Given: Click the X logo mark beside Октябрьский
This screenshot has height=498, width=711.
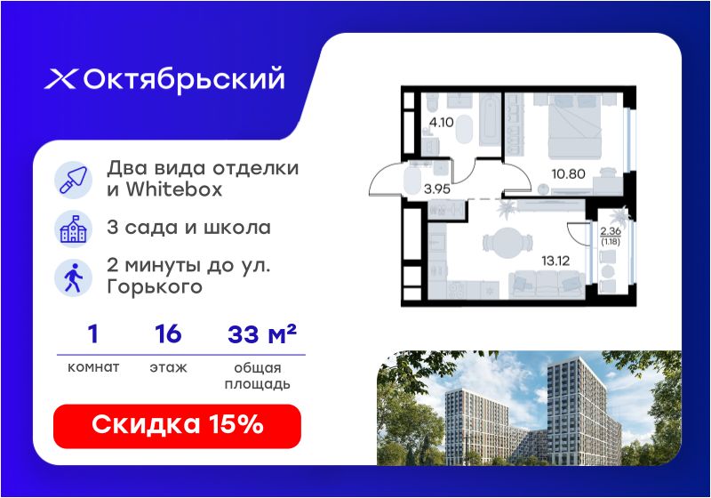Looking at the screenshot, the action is point(60,79).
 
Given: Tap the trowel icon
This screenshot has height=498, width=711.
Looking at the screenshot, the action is point(73,180).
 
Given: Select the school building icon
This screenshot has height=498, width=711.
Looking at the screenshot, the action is point(73,229).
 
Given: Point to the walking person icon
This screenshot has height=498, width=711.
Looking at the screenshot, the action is point(73,277).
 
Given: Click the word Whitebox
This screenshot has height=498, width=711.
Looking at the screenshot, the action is point(174,189).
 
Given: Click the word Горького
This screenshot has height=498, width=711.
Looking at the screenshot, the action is point(155,287).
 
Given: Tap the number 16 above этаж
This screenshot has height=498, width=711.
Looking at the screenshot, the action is point(168,333).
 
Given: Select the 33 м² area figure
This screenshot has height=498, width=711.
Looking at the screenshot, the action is point(261,333).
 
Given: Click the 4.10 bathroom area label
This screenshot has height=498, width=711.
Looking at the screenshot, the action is point(441,122).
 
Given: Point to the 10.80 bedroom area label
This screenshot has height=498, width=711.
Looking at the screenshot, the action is point(568,173).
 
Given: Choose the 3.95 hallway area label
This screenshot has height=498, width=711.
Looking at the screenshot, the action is point(437,189).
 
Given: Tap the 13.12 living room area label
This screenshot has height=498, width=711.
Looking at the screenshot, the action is point(555,261).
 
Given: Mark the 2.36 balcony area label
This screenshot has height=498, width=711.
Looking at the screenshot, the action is point(611,231).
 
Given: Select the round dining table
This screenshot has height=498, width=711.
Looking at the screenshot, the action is point(507,243).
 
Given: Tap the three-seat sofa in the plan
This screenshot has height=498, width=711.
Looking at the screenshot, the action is point(547,285).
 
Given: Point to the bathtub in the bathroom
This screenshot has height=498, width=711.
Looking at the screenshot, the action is point(491,120).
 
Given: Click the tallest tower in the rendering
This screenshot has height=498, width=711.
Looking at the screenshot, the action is point(576,411).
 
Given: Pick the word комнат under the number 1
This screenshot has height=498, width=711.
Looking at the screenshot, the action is point(93,367).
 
